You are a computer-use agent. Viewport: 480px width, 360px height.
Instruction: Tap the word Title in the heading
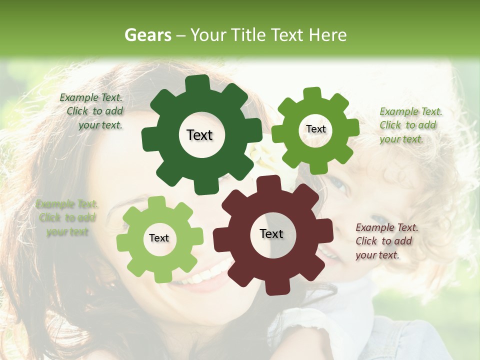click(x=247, y=35)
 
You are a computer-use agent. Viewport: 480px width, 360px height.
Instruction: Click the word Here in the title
click(x=328, y=35)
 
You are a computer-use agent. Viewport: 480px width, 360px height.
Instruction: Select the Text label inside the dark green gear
click(x=199, y=135)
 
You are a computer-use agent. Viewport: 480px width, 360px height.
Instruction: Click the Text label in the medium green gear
click(x=315, y=129)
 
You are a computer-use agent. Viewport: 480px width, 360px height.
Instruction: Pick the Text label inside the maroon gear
click(x=271, y=234)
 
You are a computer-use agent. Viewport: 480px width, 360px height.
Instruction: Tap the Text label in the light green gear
click(x=159, y=238)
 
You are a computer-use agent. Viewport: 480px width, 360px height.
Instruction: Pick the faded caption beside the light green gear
click(x=67, y=218)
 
